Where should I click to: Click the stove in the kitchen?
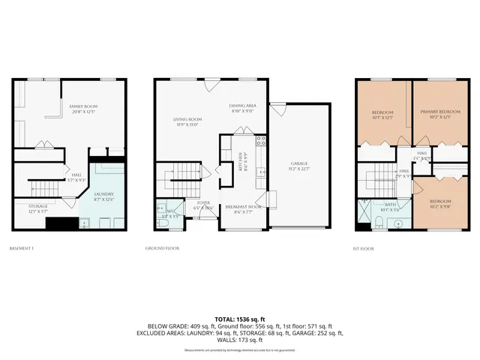click(261, 140)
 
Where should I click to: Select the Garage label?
click(300, 164)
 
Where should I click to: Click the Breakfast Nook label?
click(247, 207)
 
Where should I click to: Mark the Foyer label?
click(203, 203)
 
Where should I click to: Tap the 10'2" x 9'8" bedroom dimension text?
click(440, 206)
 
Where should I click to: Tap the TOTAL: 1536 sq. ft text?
click(239, 319)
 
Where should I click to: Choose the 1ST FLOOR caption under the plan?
click(364, 248)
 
